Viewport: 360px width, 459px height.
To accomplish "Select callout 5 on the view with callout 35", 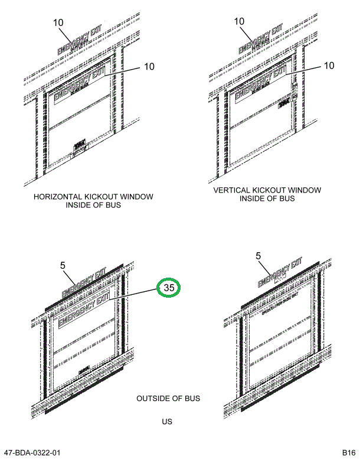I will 64,265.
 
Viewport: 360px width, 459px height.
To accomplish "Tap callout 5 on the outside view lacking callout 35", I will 258,256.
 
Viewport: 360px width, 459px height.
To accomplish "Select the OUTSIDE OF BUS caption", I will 168,399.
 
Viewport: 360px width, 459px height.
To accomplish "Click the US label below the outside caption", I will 168,422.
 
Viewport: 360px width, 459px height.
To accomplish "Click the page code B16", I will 347,453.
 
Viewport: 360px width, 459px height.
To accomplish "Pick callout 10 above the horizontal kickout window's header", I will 58,22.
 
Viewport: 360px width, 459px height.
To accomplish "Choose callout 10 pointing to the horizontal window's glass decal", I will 148,67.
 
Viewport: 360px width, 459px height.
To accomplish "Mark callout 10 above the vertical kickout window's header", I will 239,22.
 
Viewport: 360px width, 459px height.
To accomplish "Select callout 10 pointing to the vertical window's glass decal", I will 329,66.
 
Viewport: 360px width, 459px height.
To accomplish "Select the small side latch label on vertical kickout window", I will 285,103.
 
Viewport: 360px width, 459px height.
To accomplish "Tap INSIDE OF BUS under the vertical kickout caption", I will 267,199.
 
